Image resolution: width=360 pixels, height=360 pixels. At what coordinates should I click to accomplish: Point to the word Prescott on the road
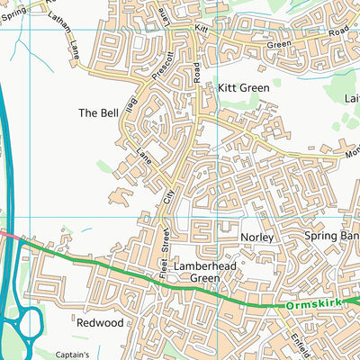pos(159,70)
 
